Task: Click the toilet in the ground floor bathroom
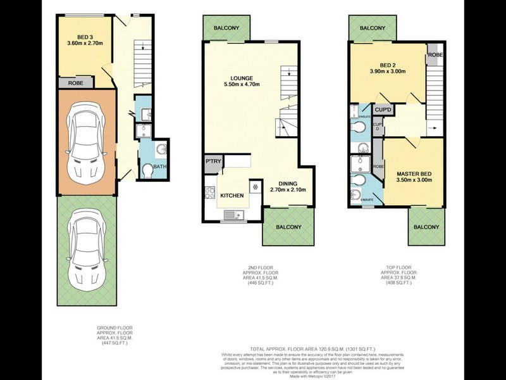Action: (147, 170)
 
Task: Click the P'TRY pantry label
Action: (211, 163)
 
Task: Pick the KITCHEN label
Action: (232, 196)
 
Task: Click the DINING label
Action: (288, 182)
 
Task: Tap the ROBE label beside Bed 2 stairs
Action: (435, 54)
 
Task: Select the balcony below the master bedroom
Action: (426, 226)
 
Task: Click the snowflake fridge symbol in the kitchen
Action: (255, 187)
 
